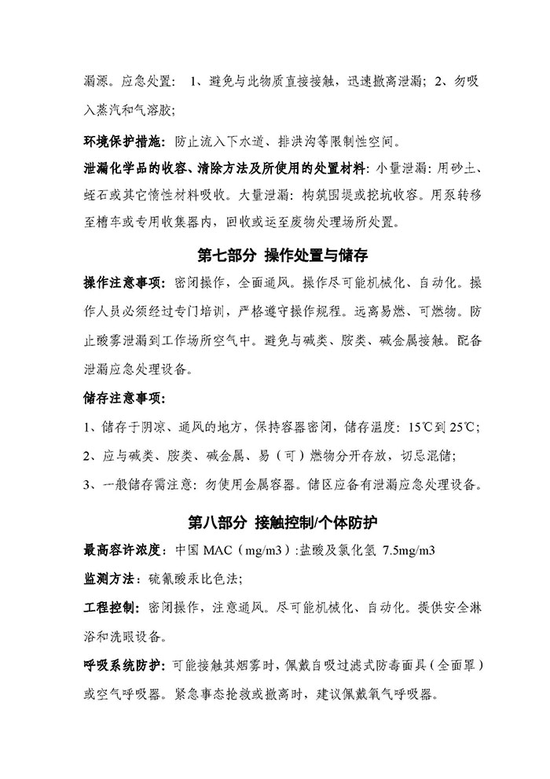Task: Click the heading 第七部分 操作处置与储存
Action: (282, 256)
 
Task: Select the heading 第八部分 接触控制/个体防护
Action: (284, 522)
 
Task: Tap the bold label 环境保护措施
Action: (122, 142)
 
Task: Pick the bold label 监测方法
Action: (110, 579)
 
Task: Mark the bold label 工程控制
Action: (110, 608)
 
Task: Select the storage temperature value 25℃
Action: (466, 427)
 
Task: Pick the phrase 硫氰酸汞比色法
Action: (190, 579)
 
